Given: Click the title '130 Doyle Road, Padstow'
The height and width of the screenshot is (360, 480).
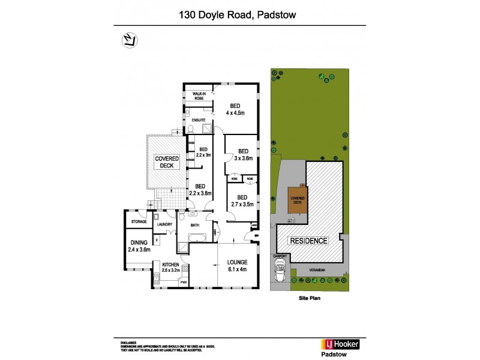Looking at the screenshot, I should (x=239, y=16).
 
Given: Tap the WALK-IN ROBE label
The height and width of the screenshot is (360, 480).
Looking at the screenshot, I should (x=199, y=96).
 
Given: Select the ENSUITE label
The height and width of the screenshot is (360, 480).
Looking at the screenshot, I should (x=198, y=121).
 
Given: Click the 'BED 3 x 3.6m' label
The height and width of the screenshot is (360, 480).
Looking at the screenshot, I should (x=242, y=154).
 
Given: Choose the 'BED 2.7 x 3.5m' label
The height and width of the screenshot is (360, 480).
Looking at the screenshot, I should (x=242, y=200).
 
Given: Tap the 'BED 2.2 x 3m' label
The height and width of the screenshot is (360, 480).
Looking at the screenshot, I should (x=203, y=152).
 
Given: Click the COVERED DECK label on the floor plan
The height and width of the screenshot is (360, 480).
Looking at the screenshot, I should (x=167, y=163).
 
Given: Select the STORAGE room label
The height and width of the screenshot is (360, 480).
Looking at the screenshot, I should (x=139, y=222).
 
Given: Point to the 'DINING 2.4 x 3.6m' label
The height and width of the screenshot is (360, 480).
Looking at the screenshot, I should (x=139, y=246).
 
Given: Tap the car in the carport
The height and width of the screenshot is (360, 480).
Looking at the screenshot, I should (x=280, y=272).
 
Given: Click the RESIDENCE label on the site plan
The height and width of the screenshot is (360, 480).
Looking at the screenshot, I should (x=310, y=241).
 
